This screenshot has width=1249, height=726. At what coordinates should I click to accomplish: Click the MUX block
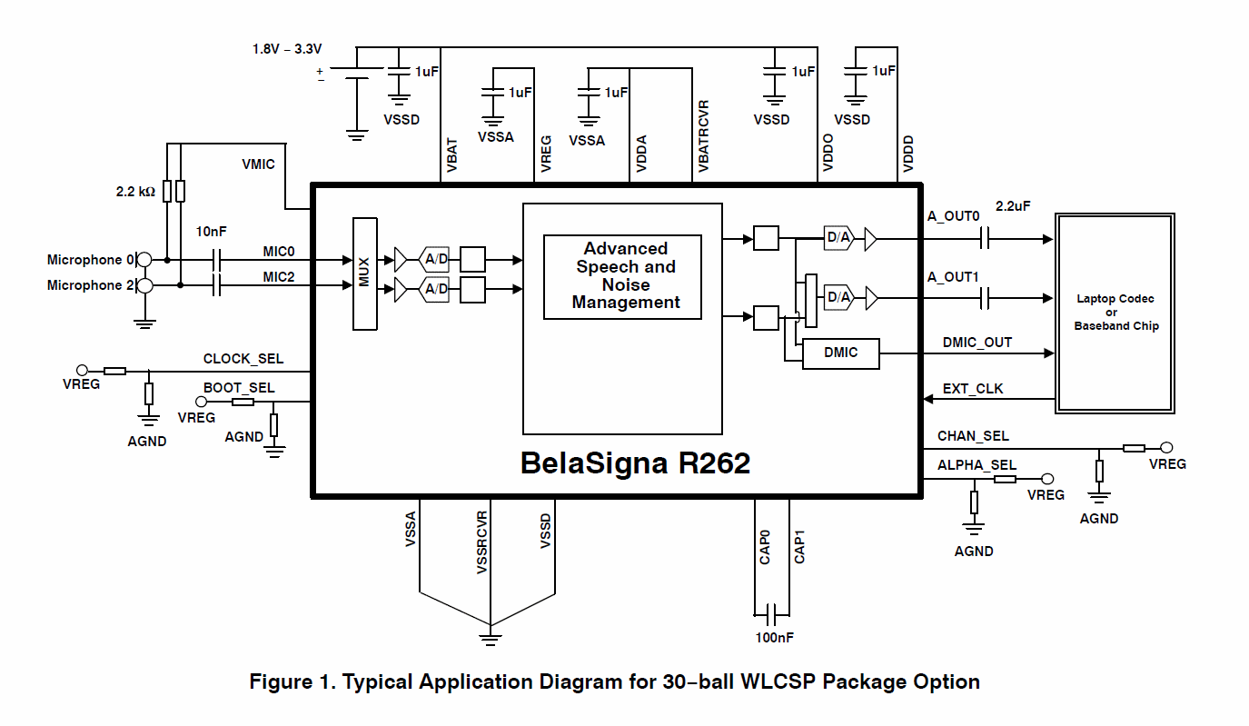pyautogui.click(x=364, y=273)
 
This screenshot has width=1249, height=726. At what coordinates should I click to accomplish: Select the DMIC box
pyautogui.click(x=840, y=353)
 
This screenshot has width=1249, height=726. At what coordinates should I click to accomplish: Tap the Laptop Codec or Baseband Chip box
pyautogui.click(x=1116, y=313)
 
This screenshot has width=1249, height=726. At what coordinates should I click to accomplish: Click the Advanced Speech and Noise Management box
pyautogui.click(x=623, y=276)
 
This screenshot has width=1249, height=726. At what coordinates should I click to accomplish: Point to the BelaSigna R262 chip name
pyautogui.click(x=635, y=463)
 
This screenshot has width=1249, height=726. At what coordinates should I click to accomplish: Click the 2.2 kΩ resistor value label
pyautogui.click(x=135, y=193)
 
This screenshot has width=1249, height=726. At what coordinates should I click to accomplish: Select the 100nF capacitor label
pyautogui.click(x=774, y=638)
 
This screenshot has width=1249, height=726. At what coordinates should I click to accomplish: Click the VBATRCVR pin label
pyautogui.click(x=704, y=136)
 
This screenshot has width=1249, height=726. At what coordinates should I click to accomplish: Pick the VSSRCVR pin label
pyautogui.click(x=482, y=542)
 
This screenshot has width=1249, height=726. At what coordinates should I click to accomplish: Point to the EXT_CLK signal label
pyautogui.click(x=973, y=389)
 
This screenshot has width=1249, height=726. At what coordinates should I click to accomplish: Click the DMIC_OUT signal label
pyautogui.click(x=976, y=343)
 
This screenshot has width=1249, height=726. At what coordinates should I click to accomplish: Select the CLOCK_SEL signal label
pyautogui.click(x=243, y=359)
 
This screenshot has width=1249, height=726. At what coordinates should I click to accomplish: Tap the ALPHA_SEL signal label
pyautogui.click(x=976, y=465)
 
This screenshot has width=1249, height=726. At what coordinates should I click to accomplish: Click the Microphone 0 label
pyautogui.click(x=90, y=260)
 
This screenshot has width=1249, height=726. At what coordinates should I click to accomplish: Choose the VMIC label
pyautogui.click(x=258, y=164)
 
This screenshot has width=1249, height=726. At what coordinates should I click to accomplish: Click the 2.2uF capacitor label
pyautogui.click(x=1013, y=206)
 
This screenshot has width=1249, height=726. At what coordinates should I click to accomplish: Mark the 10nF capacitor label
pyautogui.click(x=211, y=232)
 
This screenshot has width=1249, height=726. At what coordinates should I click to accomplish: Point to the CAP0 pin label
pyautogui.click(x=765, y=548)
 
